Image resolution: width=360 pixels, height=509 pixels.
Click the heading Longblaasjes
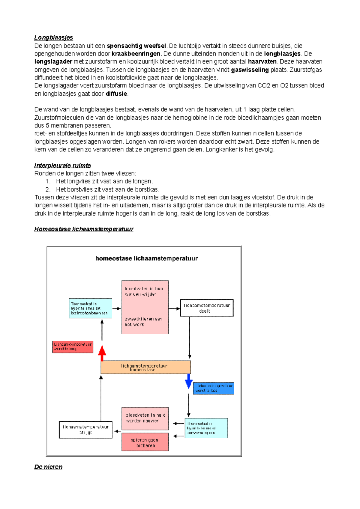pyautogui.click(x=53, y=37)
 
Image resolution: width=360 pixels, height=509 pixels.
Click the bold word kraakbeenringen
pyautogui.click(x=136, y=54)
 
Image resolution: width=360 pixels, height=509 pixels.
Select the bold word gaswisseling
pyautogui.click(x=250, y=70)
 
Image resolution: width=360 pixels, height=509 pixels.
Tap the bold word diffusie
pyautogui.click(x=116, y=94)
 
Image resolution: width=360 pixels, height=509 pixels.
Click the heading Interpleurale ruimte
pyautogui.click(x=62, y=165)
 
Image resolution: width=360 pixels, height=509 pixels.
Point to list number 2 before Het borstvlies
pyautogui.click(x=48, y=189)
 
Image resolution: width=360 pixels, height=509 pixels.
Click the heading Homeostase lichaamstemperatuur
pyautogui.click(x=84, y=229)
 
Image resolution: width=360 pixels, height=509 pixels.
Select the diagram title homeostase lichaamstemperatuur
pyautogui.click(x=146, y=258)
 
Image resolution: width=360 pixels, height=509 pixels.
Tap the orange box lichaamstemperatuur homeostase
pyautogui.click(x=145, y=367)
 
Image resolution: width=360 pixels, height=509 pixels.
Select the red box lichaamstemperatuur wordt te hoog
pyautogui.click(x=73, y=347)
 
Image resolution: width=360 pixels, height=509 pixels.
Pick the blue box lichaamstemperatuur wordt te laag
pyautogui.click(x=213, y=388)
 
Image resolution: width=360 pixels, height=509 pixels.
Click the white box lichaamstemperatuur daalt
pyautogui.click(x=206, y=308)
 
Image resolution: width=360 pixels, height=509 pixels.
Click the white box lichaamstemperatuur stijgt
pyautogui.click(x=85, y=430)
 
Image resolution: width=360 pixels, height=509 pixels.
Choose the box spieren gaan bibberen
pyautogui.click(x=145, y=442)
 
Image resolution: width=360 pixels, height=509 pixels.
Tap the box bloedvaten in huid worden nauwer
pyautogui.click(x=145, y=418)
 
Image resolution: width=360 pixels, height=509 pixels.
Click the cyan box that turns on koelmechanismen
pyautogui.click(x=90, y=308)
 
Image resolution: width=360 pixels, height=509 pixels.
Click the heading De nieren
pyautogui.click(x=48, y=467)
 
